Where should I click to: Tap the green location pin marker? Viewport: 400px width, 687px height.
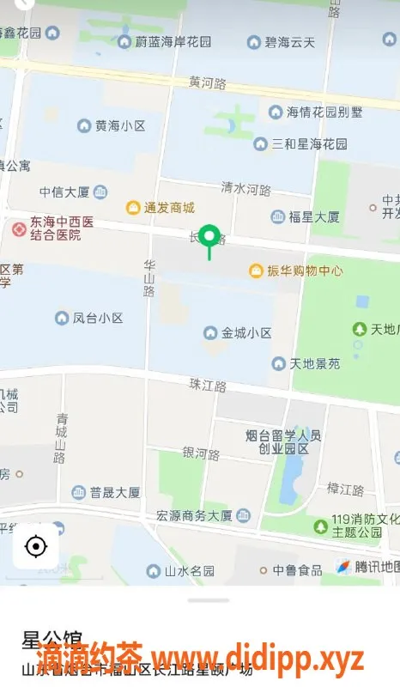209,236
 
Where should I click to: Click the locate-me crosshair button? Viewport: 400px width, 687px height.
36,545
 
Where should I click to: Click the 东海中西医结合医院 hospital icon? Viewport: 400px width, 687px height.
19,228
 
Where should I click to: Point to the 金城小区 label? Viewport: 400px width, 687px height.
246,332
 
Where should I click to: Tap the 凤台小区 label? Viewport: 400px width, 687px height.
97,319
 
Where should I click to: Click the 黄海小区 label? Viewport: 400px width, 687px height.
119,126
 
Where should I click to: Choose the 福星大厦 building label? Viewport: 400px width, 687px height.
314,217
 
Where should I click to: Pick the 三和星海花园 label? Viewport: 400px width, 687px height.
309,143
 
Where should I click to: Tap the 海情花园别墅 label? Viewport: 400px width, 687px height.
324,112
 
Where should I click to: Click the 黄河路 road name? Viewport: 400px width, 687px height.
209,83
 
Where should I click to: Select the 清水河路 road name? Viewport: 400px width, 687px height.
245,188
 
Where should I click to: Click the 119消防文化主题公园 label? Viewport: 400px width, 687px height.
358,526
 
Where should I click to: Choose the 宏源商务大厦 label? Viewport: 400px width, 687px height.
194,516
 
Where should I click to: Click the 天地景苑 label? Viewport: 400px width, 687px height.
314,364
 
